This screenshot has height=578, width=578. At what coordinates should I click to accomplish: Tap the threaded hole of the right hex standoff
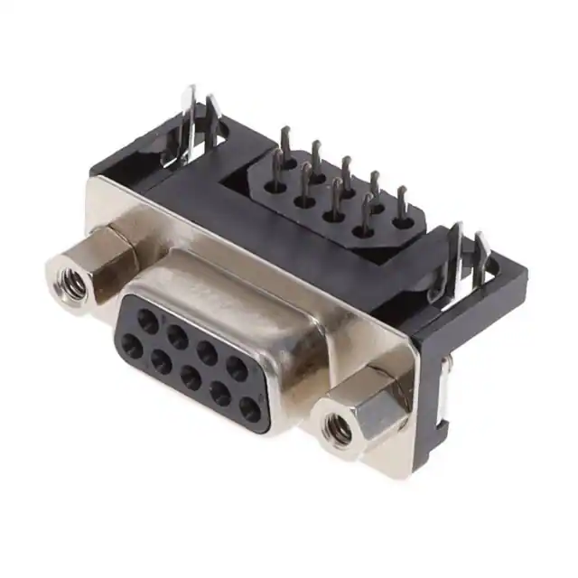(x=340, y=432)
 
